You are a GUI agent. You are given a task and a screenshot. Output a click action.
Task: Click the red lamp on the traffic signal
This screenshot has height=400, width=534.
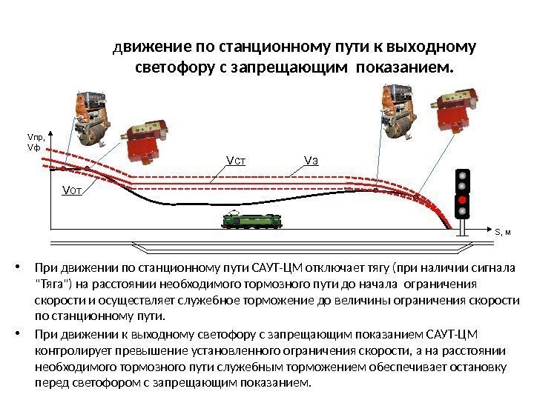tap(461, 199)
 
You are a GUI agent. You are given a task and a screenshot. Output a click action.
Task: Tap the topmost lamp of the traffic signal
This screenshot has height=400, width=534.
tap(461, 175)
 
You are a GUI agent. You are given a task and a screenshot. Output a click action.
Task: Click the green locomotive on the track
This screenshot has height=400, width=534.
tap(250, 220)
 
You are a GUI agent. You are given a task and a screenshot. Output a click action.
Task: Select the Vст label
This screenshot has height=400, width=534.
tap(235, 159)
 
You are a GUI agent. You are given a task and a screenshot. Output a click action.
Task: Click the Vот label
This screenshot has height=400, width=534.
tap(71, 190)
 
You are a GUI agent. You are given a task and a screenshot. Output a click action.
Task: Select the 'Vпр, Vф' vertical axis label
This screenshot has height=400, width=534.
tap(36, 142)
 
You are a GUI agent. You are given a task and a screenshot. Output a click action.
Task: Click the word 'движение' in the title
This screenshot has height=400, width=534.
tap(150, 48)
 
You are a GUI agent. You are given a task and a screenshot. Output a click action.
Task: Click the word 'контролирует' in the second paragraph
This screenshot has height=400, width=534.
tap(70, 350)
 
